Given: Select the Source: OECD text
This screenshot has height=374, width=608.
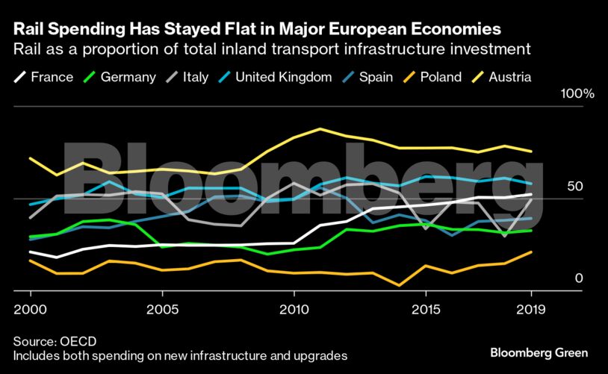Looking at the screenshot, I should point(55,340).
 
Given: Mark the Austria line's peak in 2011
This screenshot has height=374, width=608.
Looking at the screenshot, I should point(320,129).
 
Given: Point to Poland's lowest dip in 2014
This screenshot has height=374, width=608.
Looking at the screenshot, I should point(400,285).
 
